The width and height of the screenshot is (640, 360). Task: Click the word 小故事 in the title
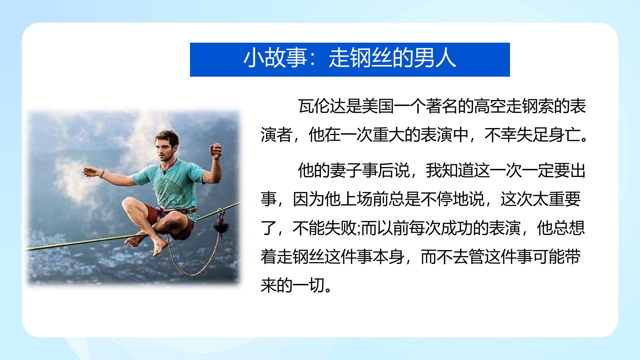point(275,59)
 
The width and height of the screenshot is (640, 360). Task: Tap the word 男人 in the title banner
point(435,59)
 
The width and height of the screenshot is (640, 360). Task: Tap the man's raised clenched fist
point(216,151)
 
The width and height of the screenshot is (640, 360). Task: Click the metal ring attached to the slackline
point(220,212)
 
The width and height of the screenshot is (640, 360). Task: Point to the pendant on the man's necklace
point(164,172)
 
